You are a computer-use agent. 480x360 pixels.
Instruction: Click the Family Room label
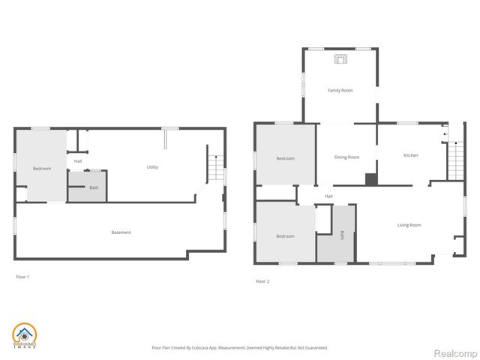[340, 91]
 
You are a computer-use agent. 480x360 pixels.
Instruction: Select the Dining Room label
[346, 157]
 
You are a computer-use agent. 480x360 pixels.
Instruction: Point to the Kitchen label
[410, 155]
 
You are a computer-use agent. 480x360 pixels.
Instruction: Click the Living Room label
[409, 225]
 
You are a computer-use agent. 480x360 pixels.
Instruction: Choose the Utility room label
[152, 167]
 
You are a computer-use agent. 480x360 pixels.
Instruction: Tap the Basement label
[121, 232]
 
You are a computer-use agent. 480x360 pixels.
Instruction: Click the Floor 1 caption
[22, 277]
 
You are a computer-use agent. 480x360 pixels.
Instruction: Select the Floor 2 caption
[262, 281]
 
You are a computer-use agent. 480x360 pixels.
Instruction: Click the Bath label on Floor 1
[94, 187]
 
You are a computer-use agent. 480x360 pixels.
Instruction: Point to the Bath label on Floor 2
[343, 235]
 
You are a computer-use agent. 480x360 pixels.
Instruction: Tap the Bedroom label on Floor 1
[42, 169]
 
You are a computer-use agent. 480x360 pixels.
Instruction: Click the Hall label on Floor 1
[78, 161]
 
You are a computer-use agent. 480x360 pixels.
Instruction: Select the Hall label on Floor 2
[328, 196]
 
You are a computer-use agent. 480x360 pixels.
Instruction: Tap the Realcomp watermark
[457, 352]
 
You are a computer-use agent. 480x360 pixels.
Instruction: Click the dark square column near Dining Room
[370, 179]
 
